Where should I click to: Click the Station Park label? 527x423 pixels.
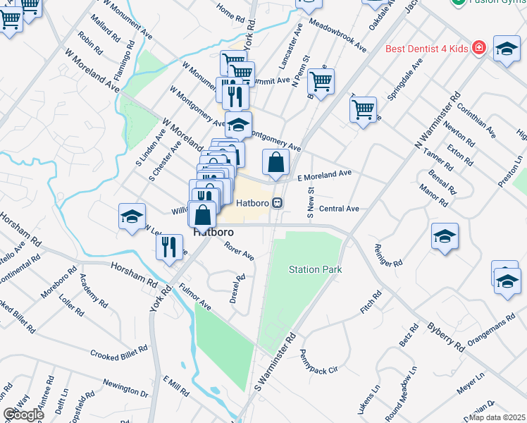click(315, 269)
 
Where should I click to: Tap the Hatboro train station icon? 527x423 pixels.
click(278, 203)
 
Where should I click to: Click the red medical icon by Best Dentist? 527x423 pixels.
click(480, 47)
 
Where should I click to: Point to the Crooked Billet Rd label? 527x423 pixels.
click(118, 350)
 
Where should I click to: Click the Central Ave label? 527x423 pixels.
click(339, 209)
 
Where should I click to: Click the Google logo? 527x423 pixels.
click(23, 415)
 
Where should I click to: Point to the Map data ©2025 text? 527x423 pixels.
click(497, 417)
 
